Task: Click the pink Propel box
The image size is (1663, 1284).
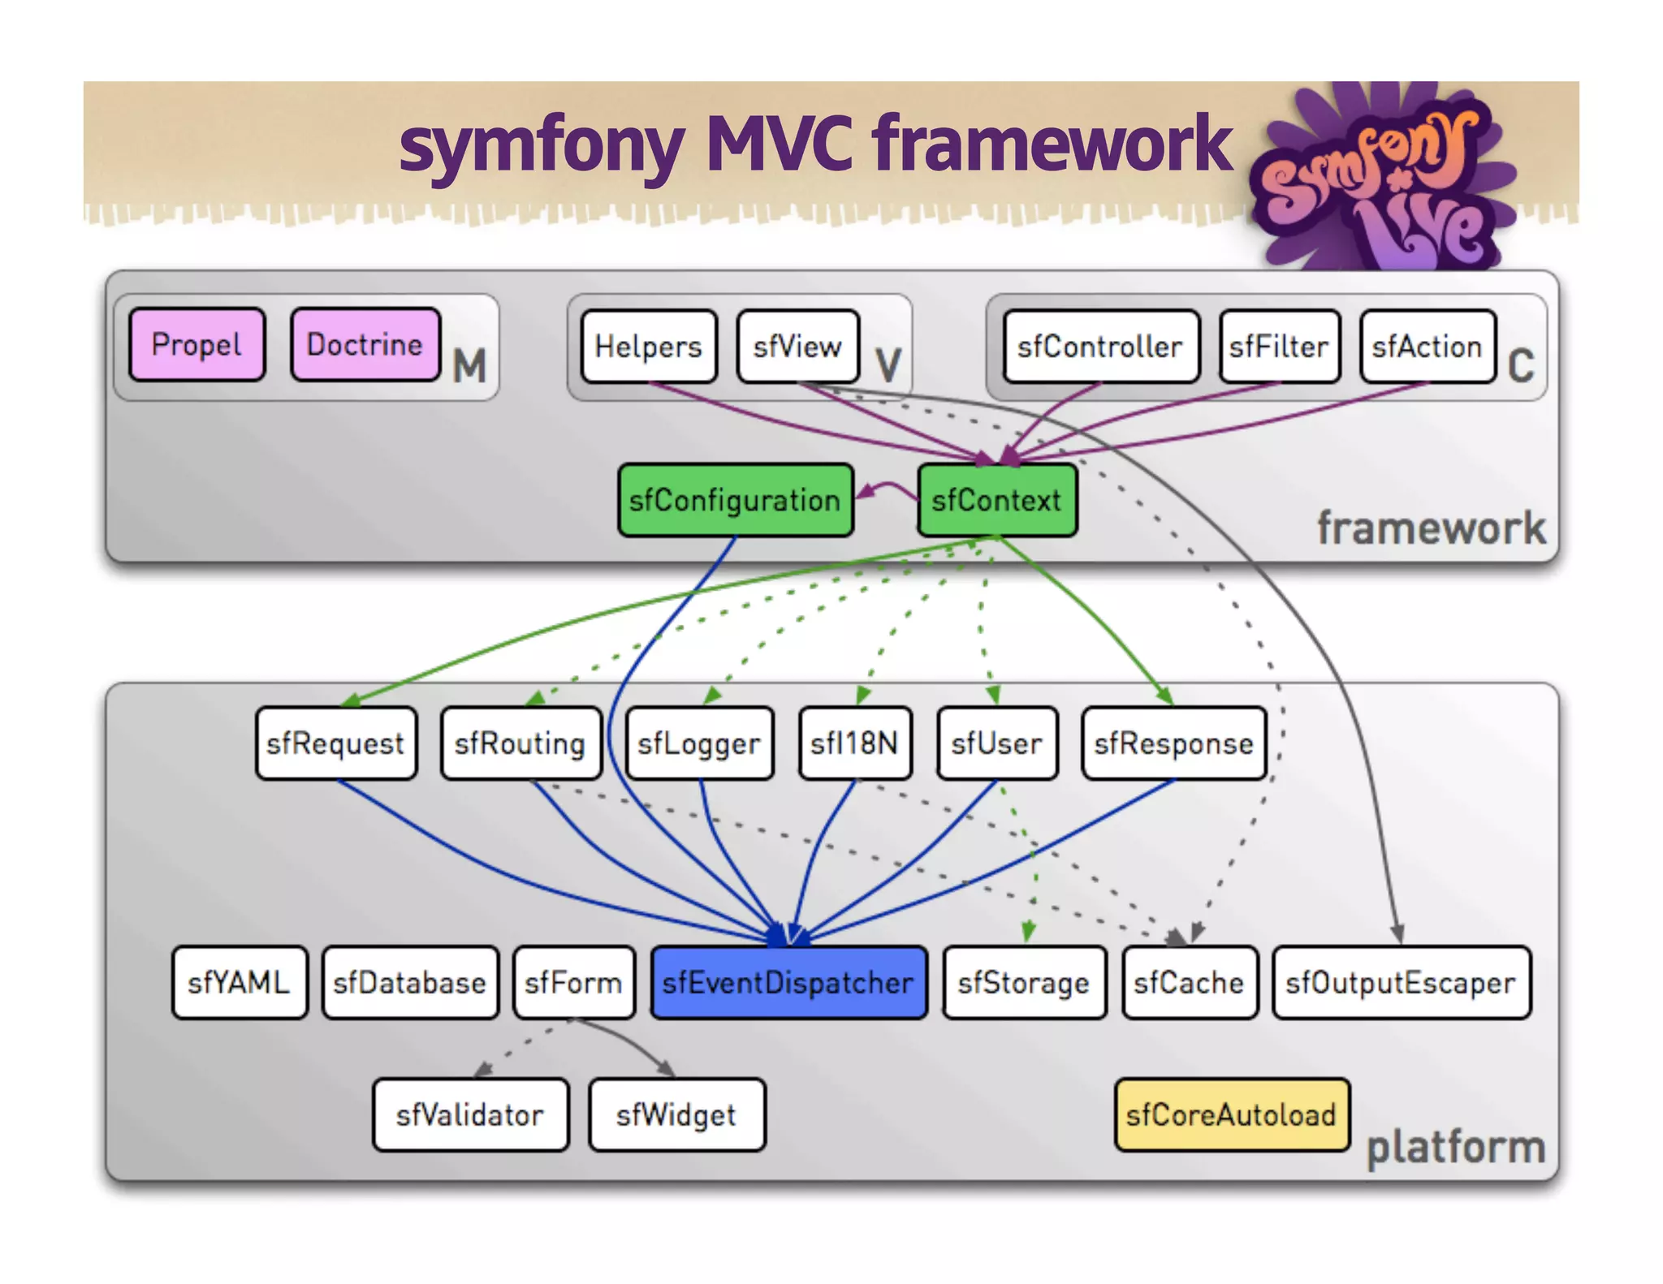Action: coord(197,345)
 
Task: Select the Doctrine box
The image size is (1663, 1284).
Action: coord(365,345)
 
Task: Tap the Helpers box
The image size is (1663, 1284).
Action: coord(648,347)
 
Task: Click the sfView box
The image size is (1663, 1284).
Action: coord(797,347)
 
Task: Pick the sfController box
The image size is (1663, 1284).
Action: coord(1100,347)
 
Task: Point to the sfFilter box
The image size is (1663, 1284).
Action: coord(1279,347)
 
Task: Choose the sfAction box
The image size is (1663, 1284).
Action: coord(1427,347)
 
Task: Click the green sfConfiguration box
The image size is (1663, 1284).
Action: coord(735,500)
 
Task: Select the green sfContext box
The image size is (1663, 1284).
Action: coord(996,500)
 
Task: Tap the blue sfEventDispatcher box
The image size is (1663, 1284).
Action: coord(788,983)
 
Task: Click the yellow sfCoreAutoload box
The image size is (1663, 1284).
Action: coord(1231,1115)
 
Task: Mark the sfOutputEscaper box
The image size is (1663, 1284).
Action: coord(1401,983)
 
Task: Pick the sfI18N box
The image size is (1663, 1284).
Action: coord(854,743)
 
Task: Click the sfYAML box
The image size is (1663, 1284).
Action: coord(240,983)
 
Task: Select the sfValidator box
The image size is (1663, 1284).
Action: coord(470,1115)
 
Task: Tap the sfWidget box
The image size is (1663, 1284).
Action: coord(676,1115)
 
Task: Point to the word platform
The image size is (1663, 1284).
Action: coord(1456,1148)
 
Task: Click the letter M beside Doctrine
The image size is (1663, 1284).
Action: coord(469,365)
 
